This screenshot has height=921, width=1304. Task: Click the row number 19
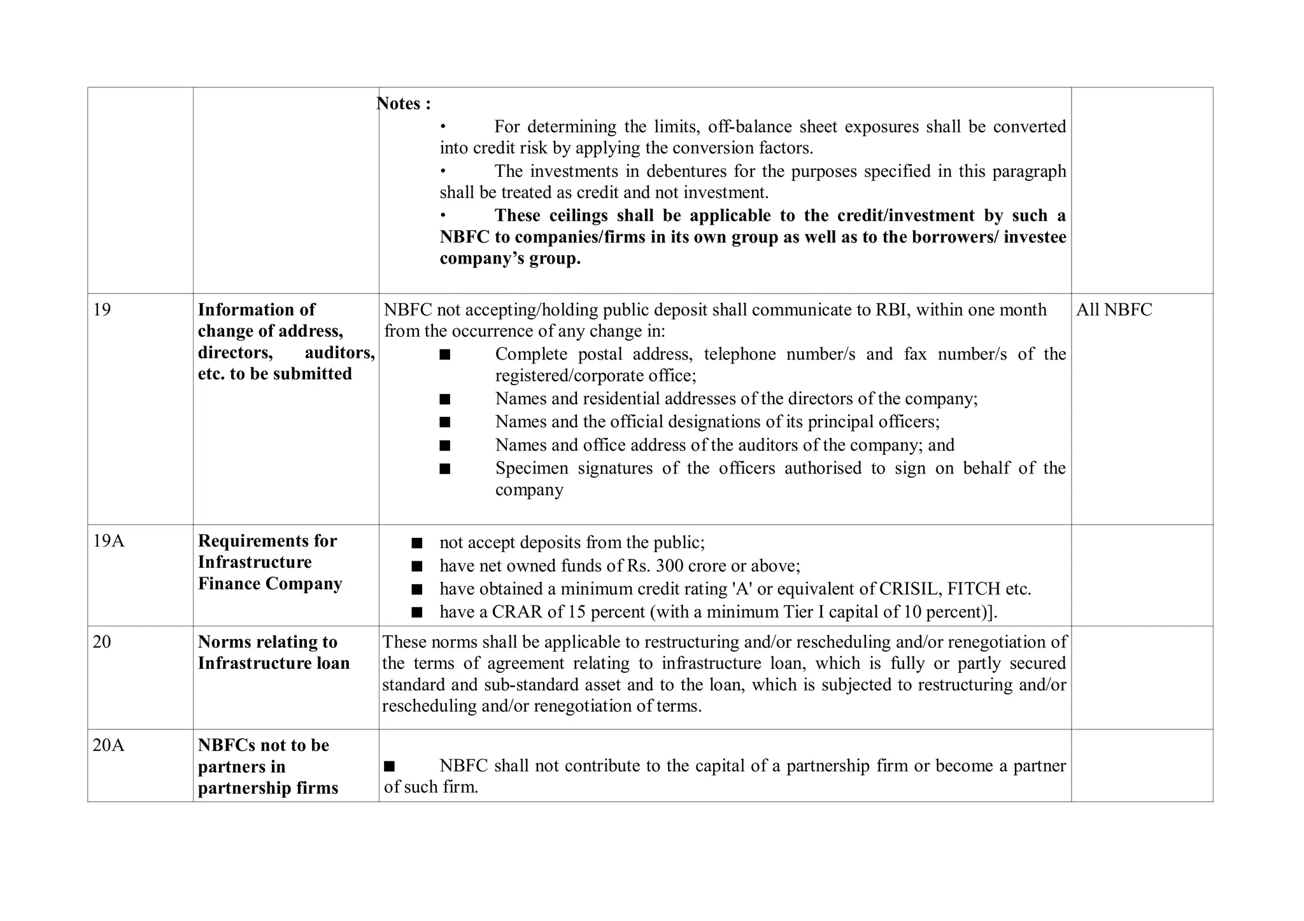coord(102,310)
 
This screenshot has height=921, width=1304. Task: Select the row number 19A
coord(108,541)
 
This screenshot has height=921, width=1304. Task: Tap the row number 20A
coord(108,745)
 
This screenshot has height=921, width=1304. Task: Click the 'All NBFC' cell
coord(1114,310)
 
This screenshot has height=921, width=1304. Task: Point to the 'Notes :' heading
coord(404,104)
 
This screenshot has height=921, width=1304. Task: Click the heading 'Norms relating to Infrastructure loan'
coord(274,652)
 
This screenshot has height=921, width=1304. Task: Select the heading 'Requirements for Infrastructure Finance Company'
coord(270,562)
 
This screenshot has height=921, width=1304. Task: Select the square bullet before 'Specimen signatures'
coord(445,469)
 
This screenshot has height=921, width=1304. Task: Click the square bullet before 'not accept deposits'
coord(417,543)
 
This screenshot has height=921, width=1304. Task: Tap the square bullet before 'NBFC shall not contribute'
coord(390,766)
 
